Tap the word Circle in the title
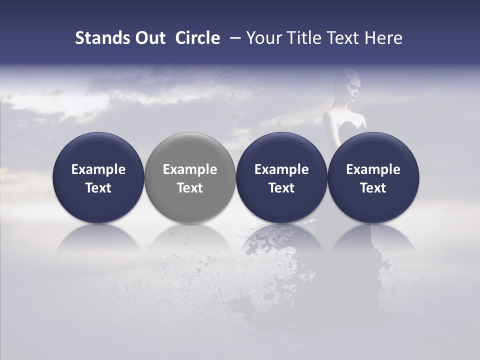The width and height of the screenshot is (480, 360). (x=197, y=38)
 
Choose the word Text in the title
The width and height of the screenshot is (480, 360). (x=342, y=38)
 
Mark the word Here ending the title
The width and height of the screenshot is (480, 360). (x=383, y=38)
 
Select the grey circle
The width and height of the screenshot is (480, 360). (x=190, y=177)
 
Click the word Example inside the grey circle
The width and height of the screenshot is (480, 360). (x=190, y=169)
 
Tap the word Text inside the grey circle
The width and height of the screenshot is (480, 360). (x=190, y=188)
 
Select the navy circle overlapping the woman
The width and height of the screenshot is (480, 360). (x=373, y=177)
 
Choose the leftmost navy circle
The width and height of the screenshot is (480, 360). (x=98, y=177)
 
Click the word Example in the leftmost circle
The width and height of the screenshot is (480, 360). (x=98, y=169)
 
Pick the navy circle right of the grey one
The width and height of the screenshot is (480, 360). (x=281, y=177)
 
